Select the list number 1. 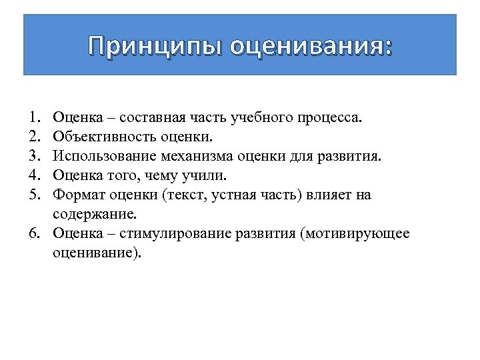pyautogui.click(x=34, y=118)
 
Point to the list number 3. pyautogui.click(x=34, y=157)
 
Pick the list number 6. pyautogui.click(x=34, y=234)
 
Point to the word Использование pyautogui.click(x=105, y=157)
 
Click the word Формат pyautogui.click(x=77, y=195)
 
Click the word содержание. pyautogui.click(x=94, y=215)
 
